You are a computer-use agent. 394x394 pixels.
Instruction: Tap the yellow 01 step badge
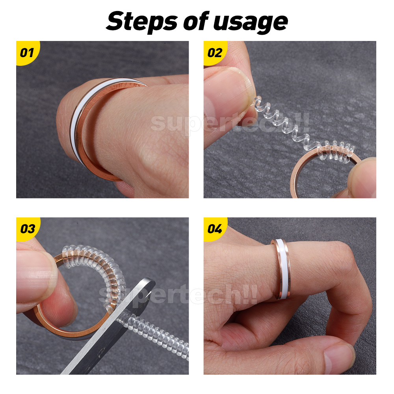click(x=27, y=52)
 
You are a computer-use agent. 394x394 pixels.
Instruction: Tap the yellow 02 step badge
click(x=215, y=52)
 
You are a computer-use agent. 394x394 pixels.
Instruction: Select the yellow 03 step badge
click(x=27, y=229)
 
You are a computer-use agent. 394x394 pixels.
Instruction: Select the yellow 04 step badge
click(x=215, y=229)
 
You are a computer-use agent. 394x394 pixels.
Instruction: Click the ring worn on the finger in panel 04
click(x=281, y=268)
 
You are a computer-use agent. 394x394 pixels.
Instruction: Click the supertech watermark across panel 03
click(x=177, y=294)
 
